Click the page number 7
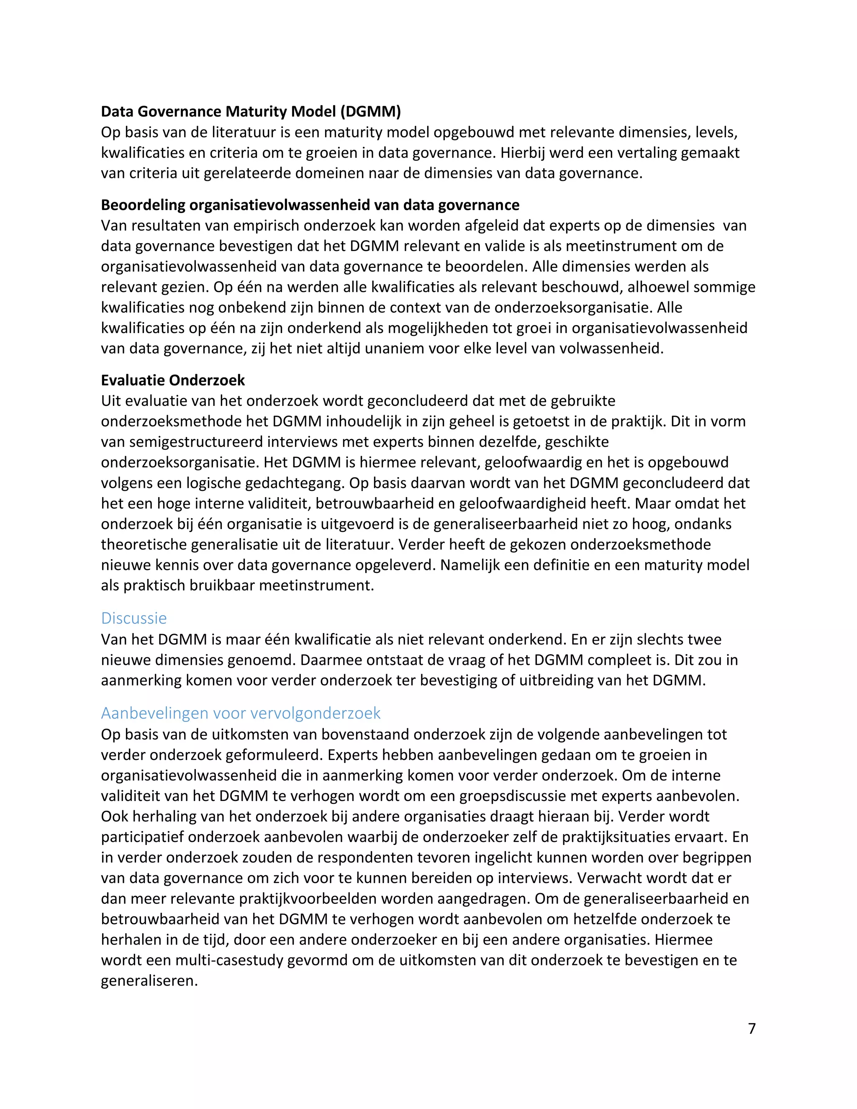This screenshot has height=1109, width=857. coord(752,1028)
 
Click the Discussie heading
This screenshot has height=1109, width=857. coord(134,618)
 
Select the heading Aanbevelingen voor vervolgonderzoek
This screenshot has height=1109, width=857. coord(241,713)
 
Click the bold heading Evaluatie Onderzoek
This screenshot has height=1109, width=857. coord(173,380)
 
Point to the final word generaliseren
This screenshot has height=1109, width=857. coord(149,981)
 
